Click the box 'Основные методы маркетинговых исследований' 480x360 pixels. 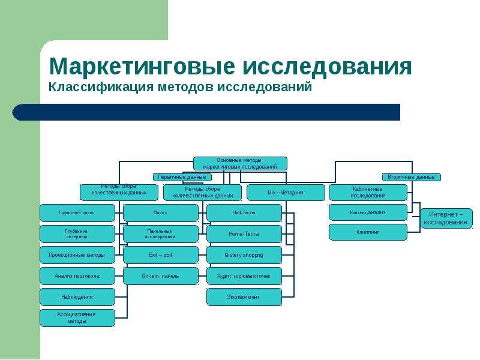[x=240, y=163]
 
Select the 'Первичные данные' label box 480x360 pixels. [x=182, y=177]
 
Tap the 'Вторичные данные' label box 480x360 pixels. [x=411, y=177]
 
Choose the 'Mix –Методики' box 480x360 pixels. [x=285, y=193]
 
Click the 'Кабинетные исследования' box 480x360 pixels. [x=368, y=193]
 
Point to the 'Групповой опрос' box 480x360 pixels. [x=77, y=213]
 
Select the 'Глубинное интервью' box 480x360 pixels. [x=77, y=234]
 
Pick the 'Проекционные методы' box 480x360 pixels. [x=77, y=255]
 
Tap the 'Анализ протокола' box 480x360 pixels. [x=77, y=276]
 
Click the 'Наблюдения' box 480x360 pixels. [x=77, y=297]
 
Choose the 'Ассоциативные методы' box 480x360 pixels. [x=77, y=317]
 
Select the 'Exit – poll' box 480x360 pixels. [x=160, y=255]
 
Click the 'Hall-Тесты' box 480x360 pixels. [x=244, y=213]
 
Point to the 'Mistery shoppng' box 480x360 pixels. [x=244, y=255]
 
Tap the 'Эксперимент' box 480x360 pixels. [x=244, y=297]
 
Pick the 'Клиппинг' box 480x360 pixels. [x=368, y=232]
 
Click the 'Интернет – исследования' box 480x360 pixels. [x=446, y=218]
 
